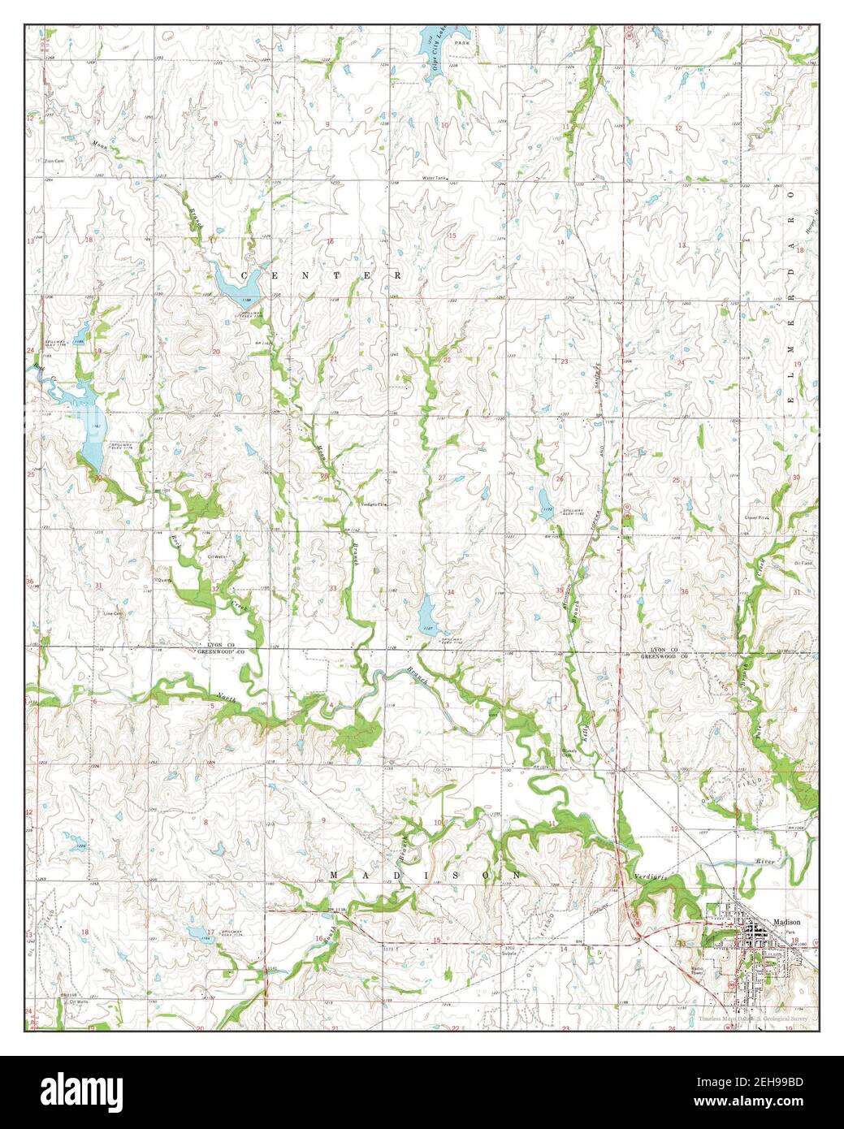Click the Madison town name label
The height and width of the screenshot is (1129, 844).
coord(787,922)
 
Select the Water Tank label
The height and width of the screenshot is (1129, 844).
coord(435,177)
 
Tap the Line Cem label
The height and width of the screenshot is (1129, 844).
coord(113,613)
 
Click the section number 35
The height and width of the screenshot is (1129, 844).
coord(559,590)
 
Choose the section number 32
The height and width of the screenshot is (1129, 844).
coord(215,588)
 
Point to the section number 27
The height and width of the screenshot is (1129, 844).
coord(442,478)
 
